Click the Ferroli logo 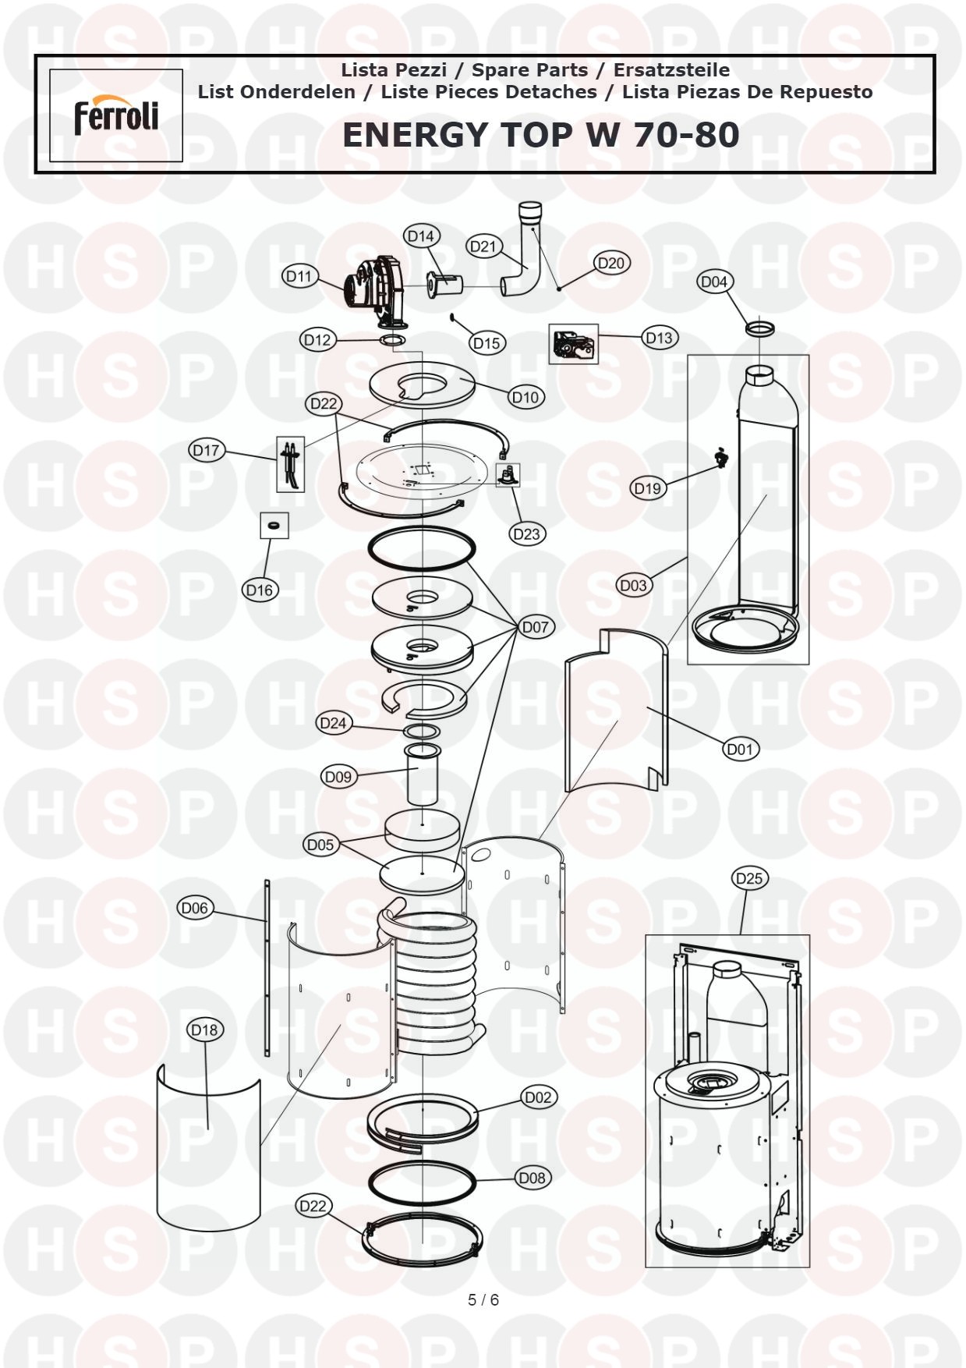point(116,116)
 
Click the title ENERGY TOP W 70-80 point(540,135)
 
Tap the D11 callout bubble point(299,276)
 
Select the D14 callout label point(421,236)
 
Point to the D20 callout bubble point(611,263)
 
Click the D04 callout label point(714,282)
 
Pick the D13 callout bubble point(660,338)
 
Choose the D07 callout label point(536,626)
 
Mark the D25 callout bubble point(749,878)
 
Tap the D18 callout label point(204,1030)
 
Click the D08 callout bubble point(533,1178)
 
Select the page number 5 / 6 point(483,1300)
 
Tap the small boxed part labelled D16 point(274,526)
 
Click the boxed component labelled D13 point(574,344)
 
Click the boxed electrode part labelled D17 point(291,463)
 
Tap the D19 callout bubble point(647,488)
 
